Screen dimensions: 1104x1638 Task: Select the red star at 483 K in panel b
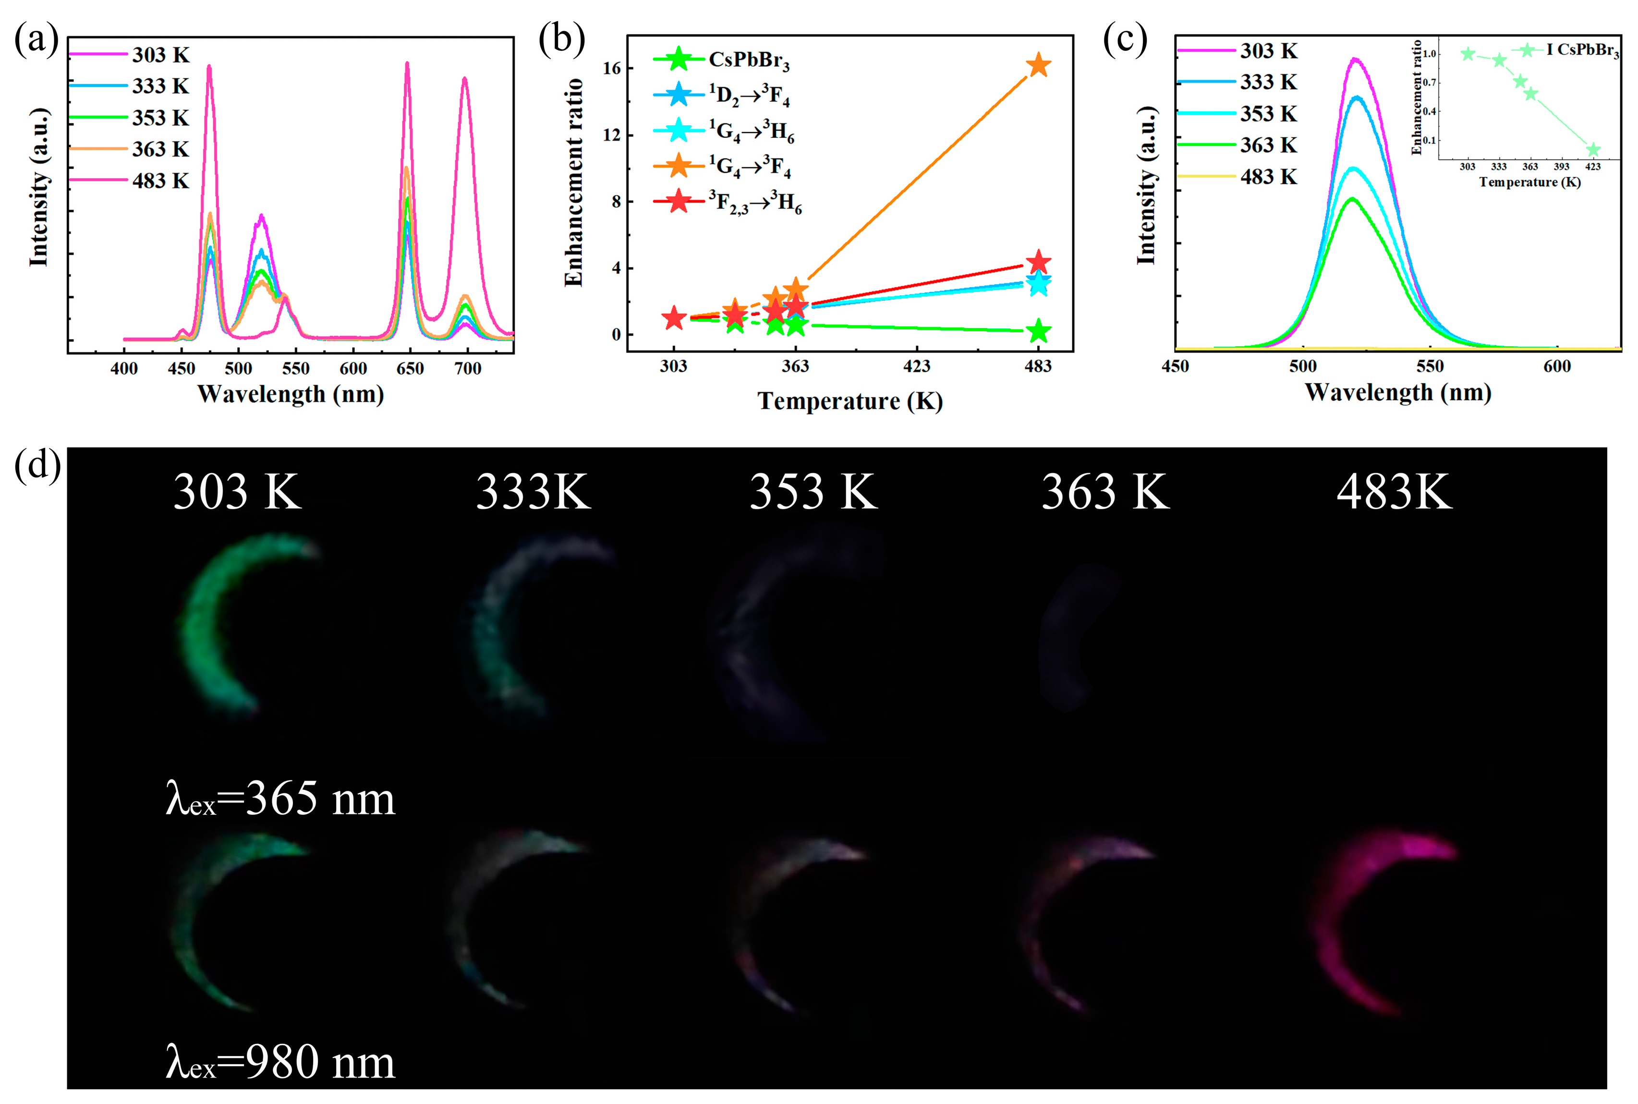pyautogui.click(x=1038, y=263)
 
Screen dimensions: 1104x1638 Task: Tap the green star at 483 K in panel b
pyautogui.click(x=1038, y=332)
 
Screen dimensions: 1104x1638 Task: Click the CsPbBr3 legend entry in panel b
pyautogui.click(x=748, y=60)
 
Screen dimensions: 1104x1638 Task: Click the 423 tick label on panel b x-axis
pyautogui.click(x=917, y=366)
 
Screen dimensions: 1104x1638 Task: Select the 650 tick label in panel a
pyautogui.click(x=410, y=369)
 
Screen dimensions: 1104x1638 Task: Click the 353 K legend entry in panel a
pyautogui.click(x=160, y=118)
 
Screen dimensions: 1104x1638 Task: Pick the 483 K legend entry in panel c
pyautogui.click(x=1268, y=176)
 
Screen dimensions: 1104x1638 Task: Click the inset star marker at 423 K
pyautogui.click(x=1593, y=150)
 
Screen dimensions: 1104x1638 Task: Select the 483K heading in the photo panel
pyautogui.click(x=1394, y=491)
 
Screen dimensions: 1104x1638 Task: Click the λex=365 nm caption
pyautogui.click(x=280, y=799)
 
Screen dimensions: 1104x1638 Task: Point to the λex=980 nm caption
pyautogui.click(x=280, y=1062)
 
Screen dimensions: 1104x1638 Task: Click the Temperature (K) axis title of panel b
pyautogui.click(x=849, y=401)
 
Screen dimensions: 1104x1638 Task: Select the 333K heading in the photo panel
pyautogui.click(x=533, y=491)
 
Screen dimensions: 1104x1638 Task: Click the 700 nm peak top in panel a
pyautogui.click(x=464, y=79)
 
